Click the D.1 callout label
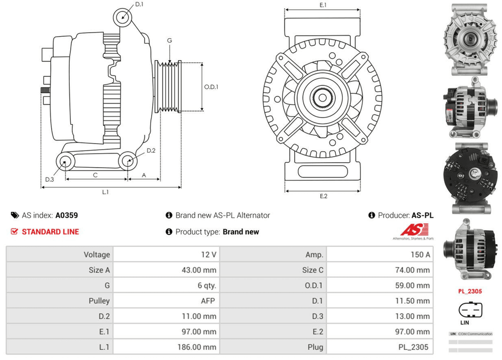point(140,5)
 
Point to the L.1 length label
point(105,192)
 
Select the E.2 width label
point(323,196)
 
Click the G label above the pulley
point(170,41)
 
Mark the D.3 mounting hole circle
point(64,161)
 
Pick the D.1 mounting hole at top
point(122,17)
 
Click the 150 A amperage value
point(420,255)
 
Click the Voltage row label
point(96,255)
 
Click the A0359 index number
point(66,215)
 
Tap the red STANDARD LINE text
point(50,232)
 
